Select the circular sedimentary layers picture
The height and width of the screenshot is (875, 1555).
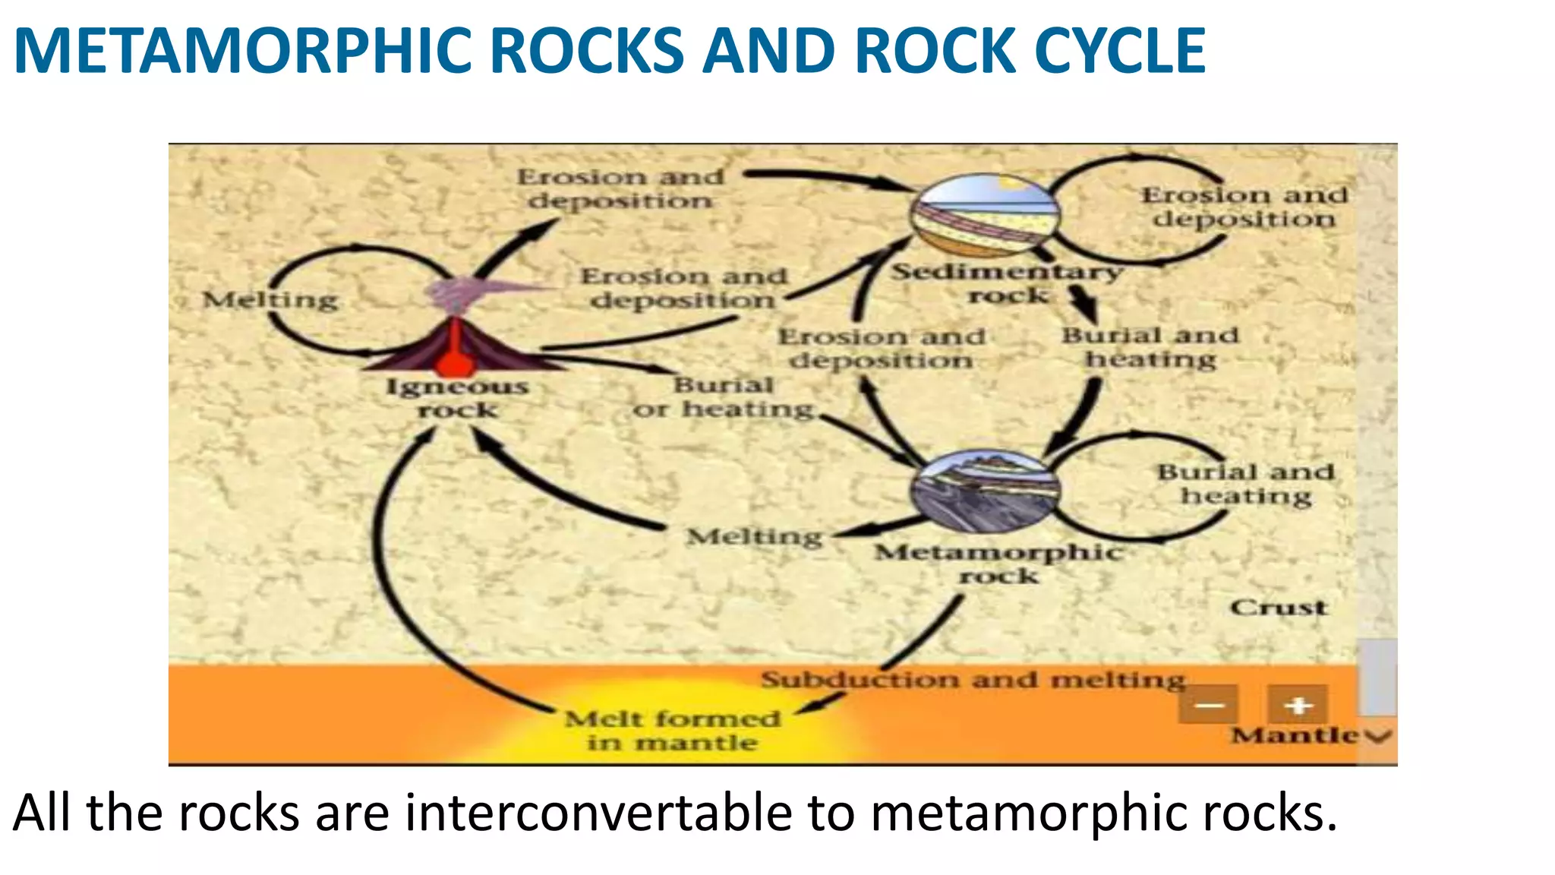[986, 216]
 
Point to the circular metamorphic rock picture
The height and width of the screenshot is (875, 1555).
[986, 490]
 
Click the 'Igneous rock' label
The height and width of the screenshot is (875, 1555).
[458, 398]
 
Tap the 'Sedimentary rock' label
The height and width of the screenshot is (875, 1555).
[1007, 283]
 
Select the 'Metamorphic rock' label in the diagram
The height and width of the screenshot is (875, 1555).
[998, 564]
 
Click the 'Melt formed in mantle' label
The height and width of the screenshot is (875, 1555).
[673, 730]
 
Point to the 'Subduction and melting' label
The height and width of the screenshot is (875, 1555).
[973, 679]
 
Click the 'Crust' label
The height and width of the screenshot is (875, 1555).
[1279, 608]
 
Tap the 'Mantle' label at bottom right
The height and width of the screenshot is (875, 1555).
[1294, 735]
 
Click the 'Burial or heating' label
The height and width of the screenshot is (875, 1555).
[724, 396]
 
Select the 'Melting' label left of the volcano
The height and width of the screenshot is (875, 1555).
[270, 300]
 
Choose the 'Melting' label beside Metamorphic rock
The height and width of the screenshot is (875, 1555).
[755, 537]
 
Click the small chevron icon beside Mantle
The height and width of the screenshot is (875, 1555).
[1378, 735]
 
